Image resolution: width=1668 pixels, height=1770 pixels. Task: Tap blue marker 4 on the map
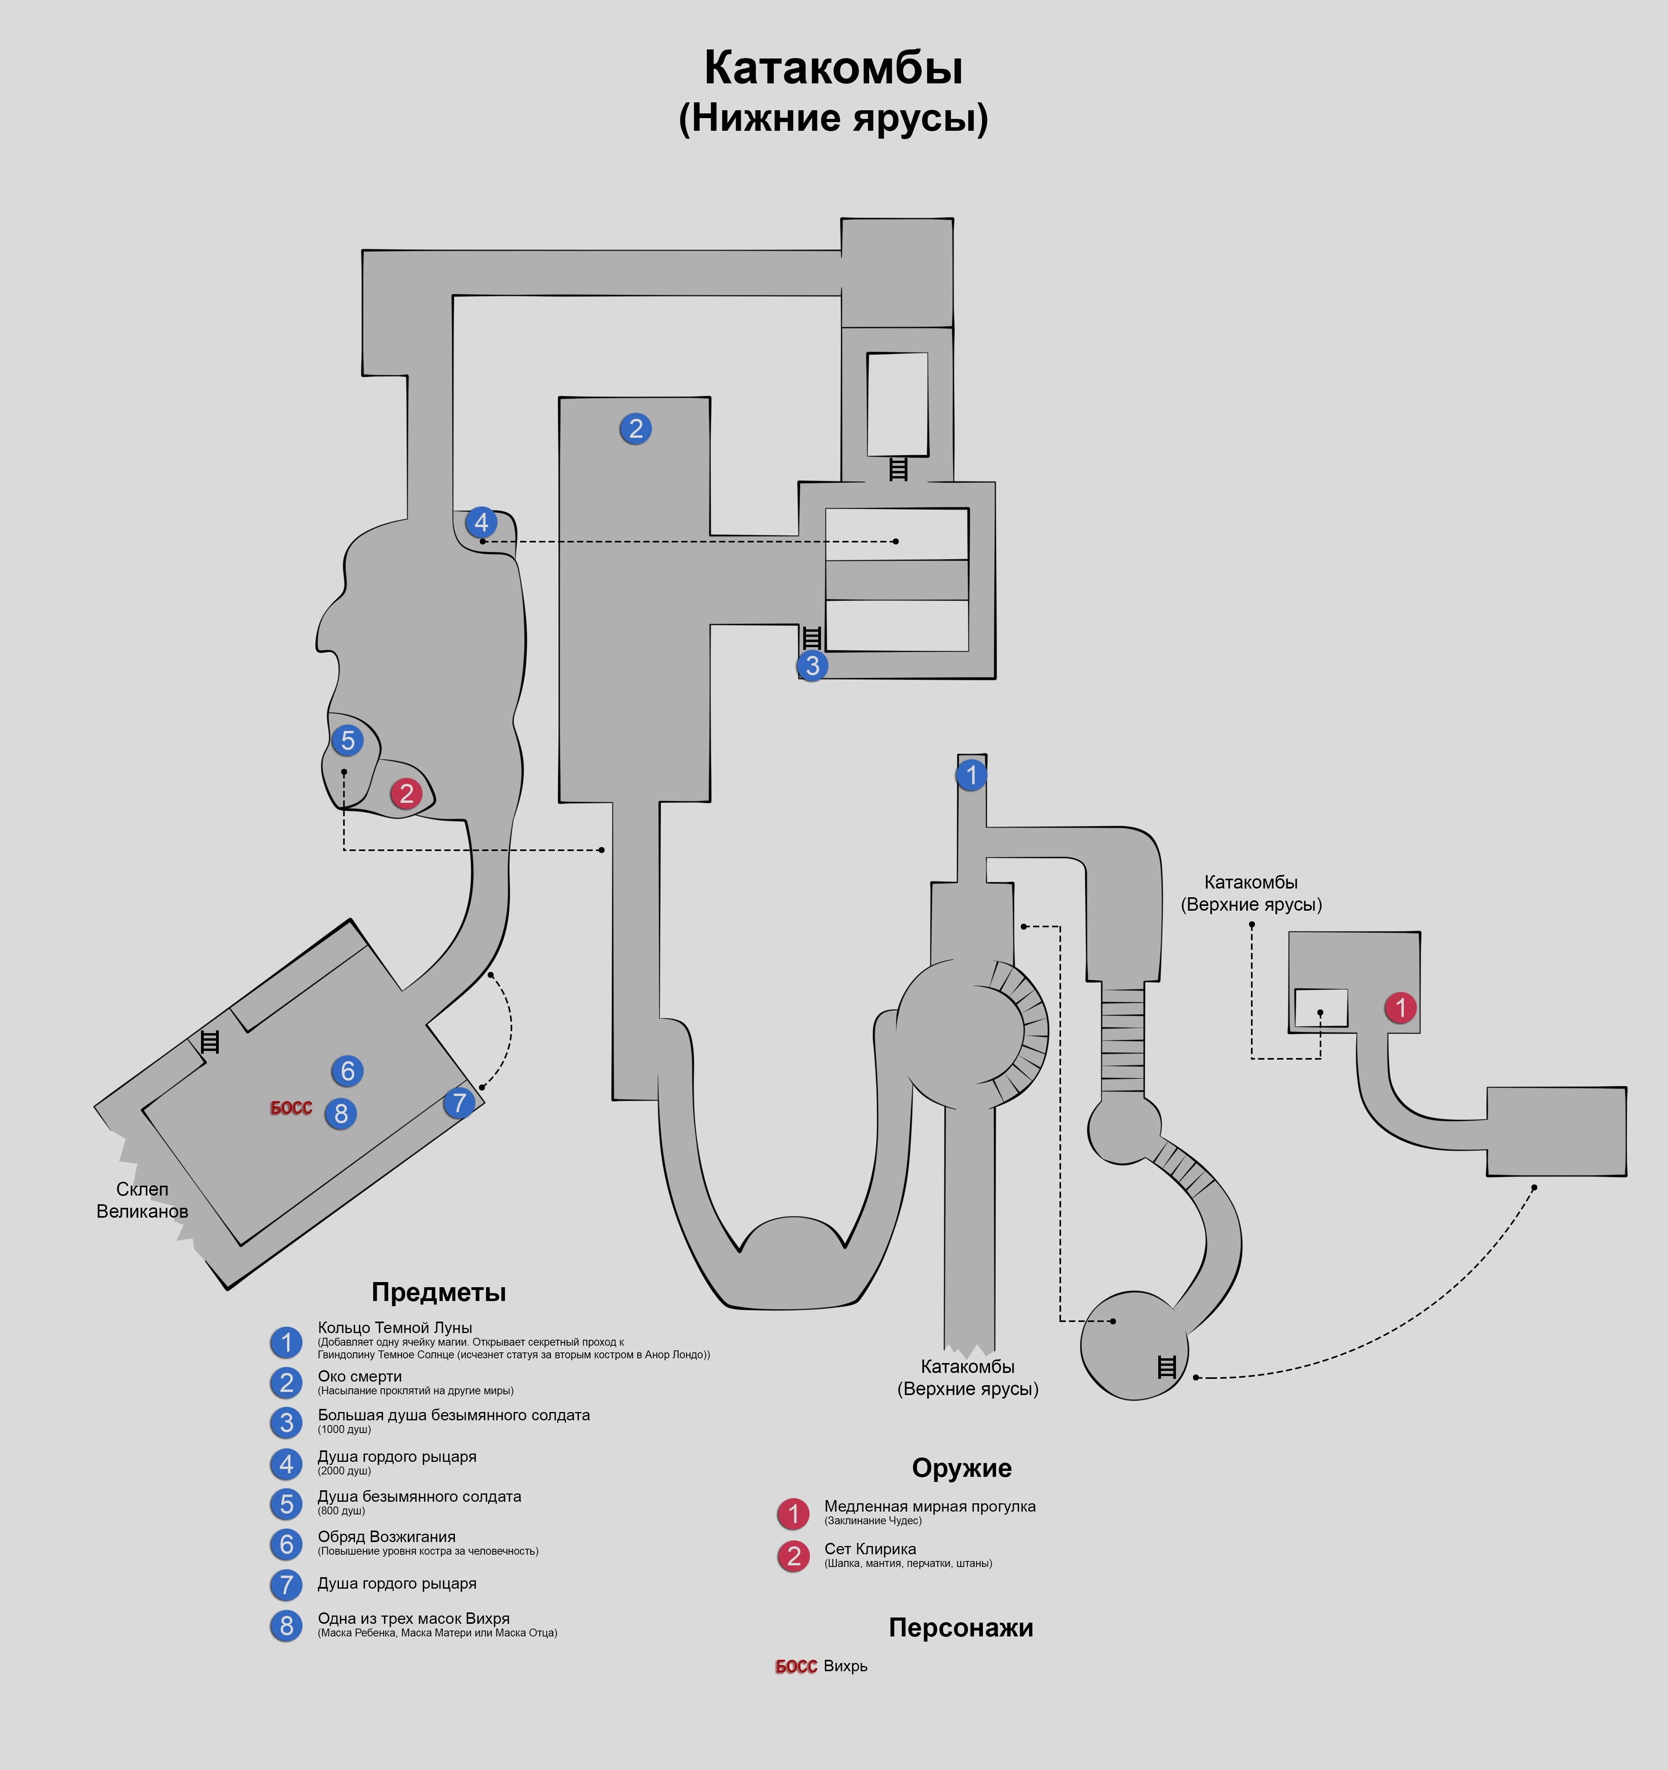click(x=481, y=523)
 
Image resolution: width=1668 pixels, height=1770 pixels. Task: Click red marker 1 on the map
click(x=1400, y=1008)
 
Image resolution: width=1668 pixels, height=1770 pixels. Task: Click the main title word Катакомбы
click(x=833, y=68)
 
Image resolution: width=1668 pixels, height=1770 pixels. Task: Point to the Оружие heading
click(x=961, y=1468)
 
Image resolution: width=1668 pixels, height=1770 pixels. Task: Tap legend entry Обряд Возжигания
click(x=386, y=1537)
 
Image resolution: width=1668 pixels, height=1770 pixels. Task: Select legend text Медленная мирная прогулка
click(x=929, y=1506)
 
